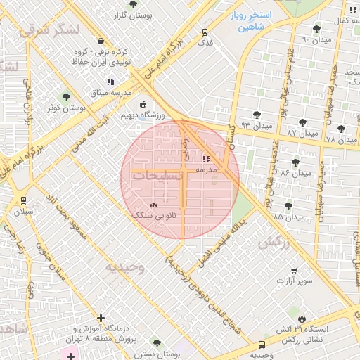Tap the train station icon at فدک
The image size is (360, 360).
(205, 32)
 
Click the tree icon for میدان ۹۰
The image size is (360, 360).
(317, 29)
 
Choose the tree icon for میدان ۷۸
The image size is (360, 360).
(341, 129)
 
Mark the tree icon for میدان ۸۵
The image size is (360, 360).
(288, 206)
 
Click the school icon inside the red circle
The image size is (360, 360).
(206, 160)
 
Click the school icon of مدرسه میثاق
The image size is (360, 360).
(110, 82)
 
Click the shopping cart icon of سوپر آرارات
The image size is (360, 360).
(294, 270)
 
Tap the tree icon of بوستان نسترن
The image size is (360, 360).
(157, 344)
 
